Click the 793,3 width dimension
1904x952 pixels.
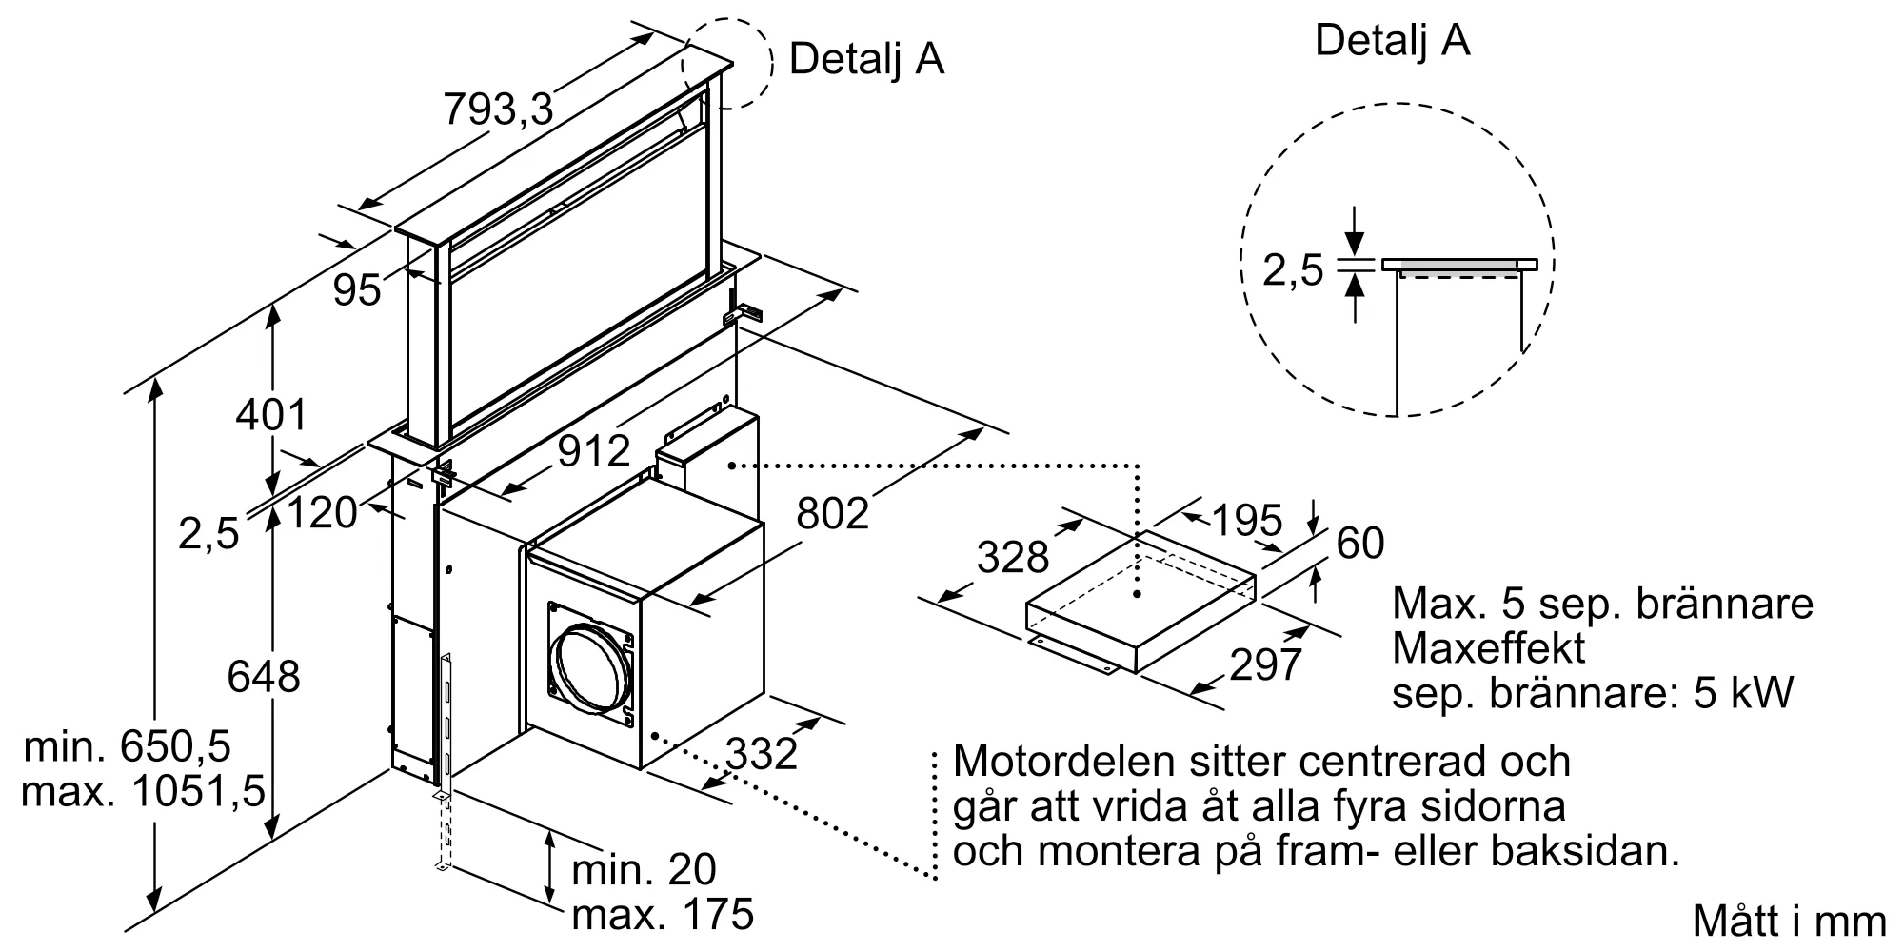498,109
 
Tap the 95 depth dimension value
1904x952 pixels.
357,289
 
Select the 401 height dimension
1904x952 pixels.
271,415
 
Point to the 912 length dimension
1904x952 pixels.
594,451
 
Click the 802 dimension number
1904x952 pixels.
832,514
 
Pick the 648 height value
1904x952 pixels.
263,677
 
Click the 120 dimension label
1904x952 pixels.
321,513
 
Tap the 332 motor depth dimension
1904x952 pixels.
762,754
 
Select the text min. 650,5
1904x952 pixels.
128,746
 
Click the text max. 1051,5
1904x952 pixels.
143,792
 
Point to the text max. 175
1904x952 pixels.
663,916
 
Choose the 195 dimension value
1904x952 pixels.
1246,520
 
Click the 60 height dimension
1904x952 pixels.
1360,544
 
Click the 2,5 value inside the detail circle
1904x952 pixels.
1293,270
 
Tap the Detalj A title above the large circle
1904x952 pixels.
1392,41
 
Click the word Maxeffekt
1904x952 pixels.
1488,648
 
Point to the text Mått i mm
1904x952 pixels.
1789,922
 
